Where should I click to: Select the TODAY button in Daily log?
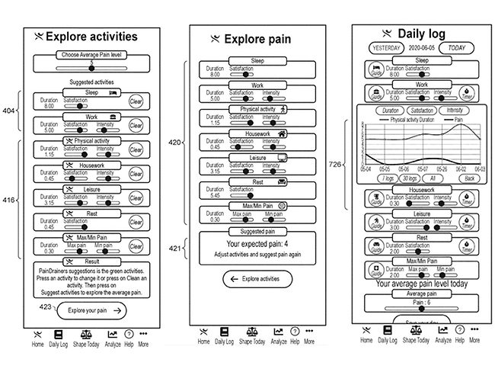[457, 46]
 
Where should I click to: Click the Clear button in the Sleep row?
[136, 100]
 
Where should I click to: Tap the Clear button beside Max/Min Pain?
[136, 245]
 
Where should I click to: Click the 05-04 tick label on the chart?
[366, 169]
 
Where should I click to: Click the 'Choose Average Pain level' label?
[89, 56]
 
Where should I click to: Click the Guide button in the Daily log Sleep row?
[376, 71]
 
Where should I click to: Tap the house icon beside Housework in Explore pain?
[281, 133]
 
